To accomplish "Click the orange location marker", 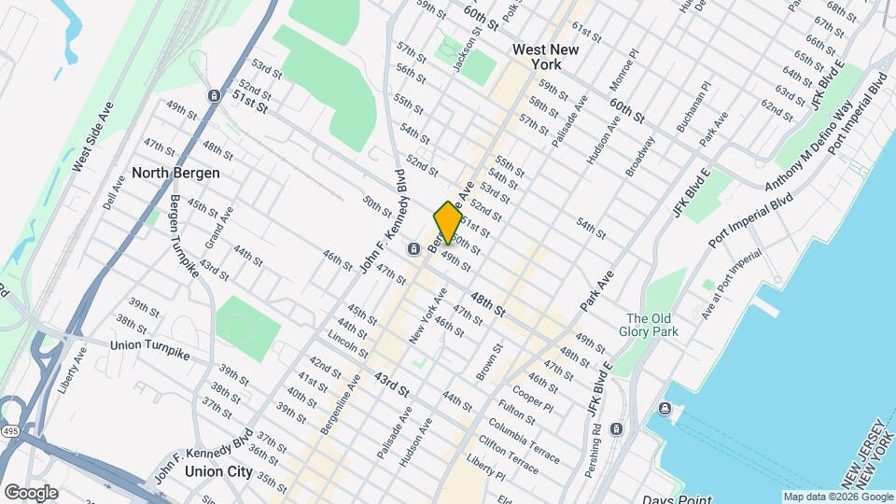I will click(x=448, y=221).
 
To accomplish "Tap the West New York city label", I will click(x=536, y=57).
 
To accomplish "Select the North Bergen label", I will click(x=175, y=173).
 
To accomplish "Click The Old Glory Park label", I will click(x=652, y=324).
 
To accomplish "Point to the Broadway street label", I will click(x=640, y=156).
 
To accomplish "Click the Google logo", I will click(x=31, y=492).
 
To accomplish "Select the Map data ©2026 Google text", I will click(x=837, y=497).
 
